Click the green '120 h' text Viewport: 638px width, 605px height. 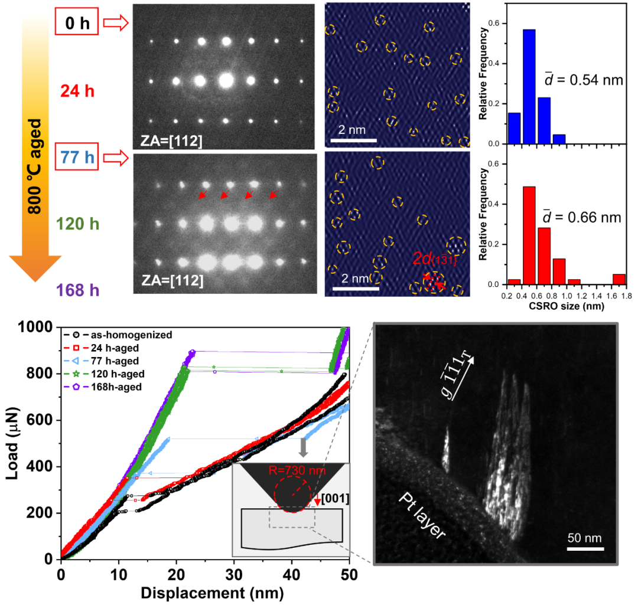click(77, 224)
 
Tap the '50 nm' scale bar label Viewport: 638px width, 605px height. click(585, 539)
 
